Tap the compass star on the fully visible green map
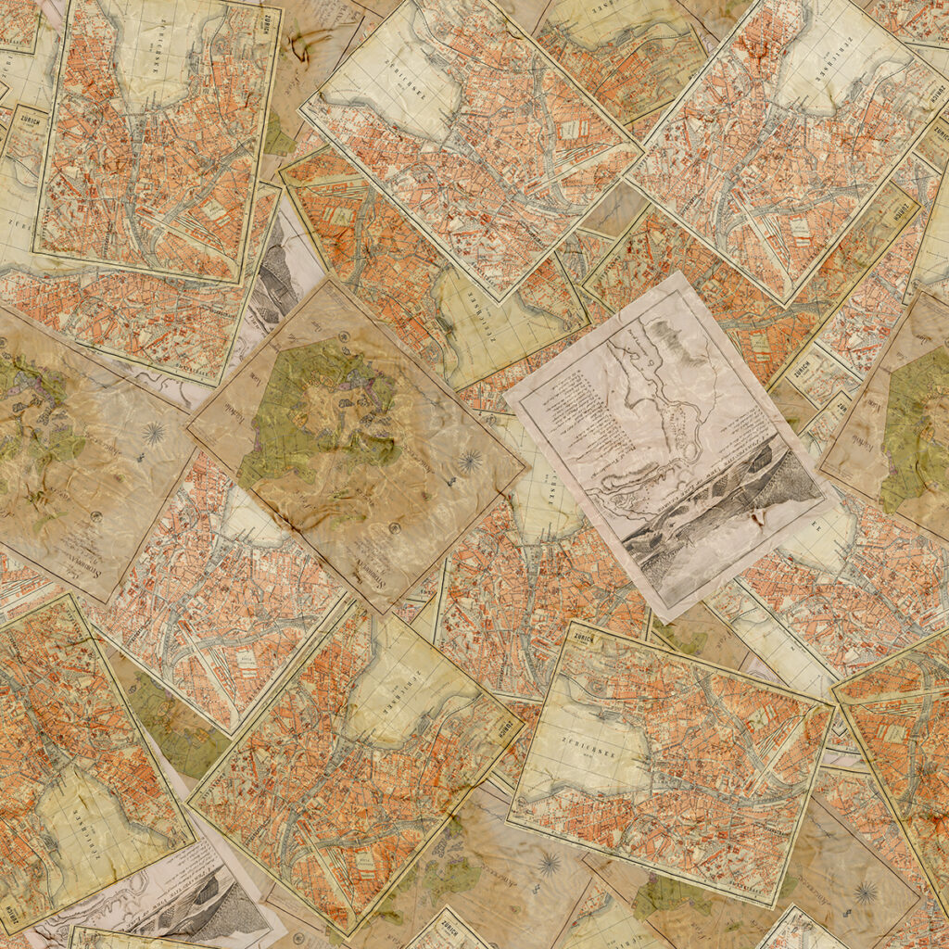472,460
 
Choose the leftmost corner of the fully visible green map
186,427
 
